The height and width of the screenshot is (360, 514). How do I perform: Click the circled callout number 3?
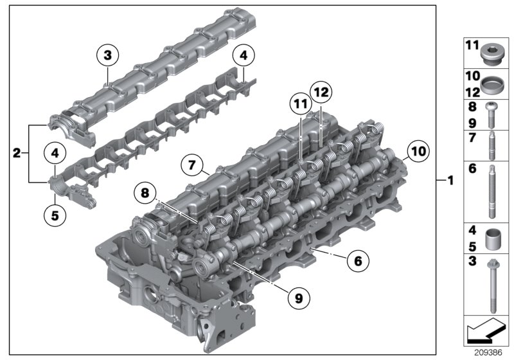[107, 56]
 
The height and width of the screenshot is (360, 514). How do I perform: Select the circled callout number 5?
[55, 215]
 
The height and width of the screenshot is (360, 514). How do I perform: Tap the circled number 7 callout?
[191, 165]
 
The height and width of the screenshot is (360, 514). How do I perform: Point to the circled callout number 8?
[145, 192]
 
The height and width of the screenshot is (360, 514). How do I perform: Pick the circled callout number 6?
[358, 260]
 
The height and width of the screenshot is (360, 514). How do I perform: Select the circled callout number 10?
[417, 152]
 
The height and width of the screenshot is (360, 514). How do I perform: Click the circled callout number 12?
[321, 93]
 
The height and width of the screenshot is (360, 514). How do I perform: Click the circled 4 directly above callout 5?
[55, 154]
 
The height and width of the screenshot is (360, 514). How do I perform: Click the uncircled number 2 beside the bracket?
[17, 153]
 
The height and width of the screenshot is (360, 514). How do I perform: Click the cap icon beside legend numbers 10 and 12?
[492, 84]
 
